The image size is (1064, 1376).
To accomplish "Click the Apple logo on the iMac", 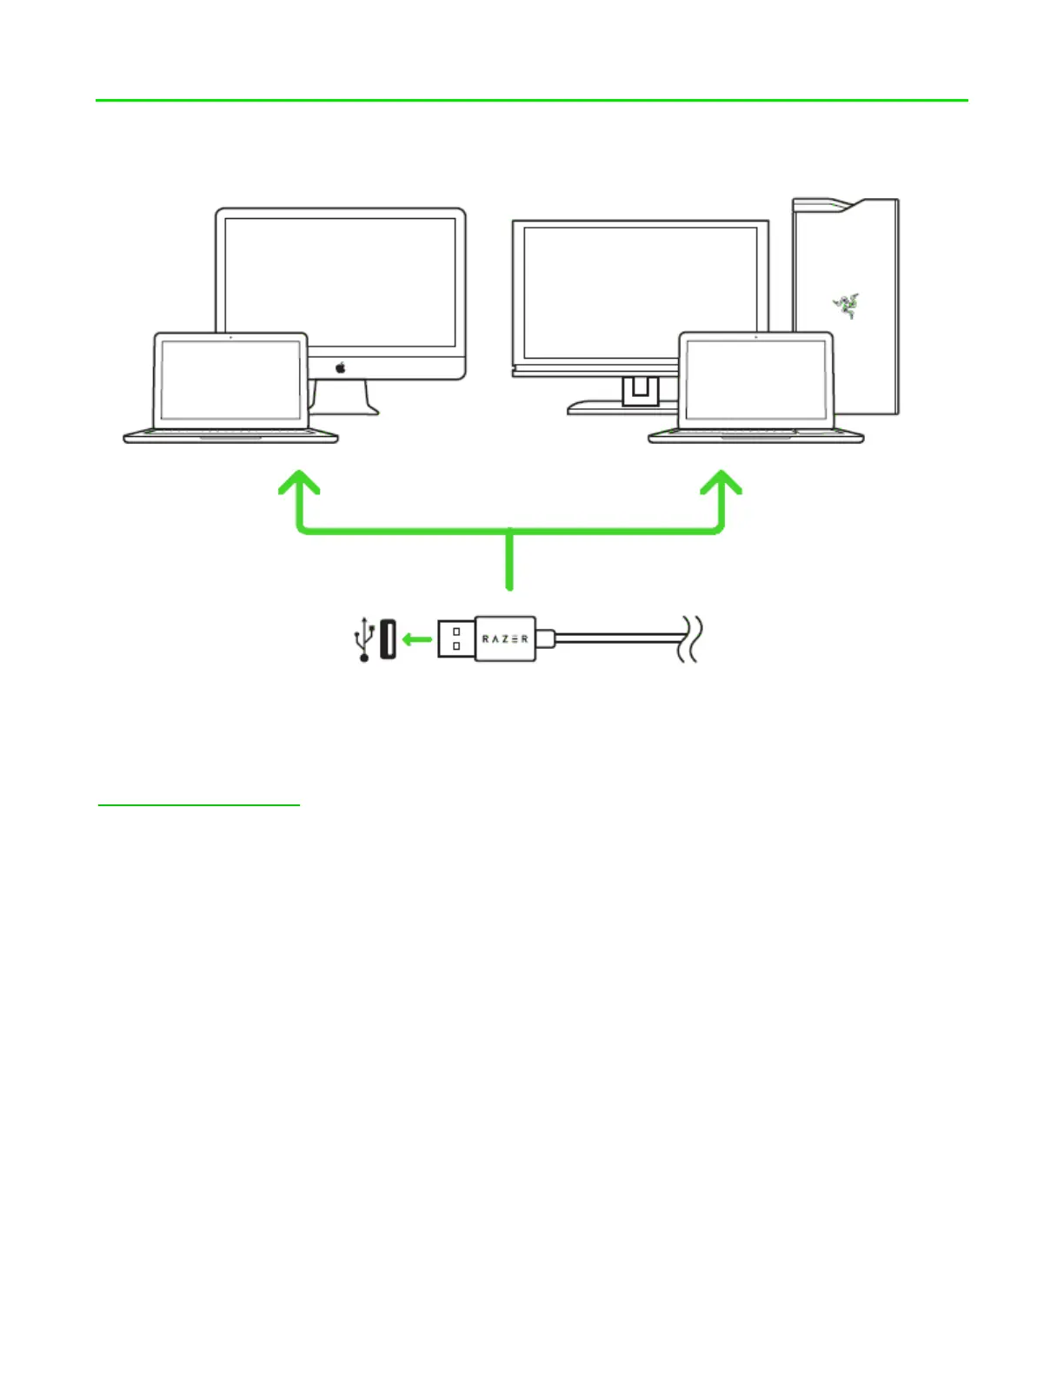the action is pos(341,367).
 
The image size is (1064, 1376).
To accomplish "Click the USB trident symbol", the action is pos(364,639).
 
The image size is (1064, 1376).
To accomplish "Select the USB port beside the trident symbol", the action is pos(388,639).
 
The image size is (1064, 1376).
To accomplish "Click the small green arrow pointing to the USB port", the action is pos(417,639).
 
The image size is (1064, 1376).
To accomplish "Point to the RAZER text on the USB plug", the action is pos(505,639).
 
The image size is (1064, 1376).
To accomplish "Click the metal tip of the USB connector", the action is pos(456,639).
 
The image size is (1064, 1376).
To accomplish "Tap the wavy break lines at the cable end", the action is pos(690,639).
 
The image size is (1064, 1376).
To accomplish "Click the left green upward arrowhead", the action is pos(299,483).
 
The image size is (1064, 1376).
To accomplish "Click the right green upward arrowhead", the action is pos(721,483).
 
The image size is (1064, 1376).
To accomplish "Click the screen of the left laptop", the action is pos(230,380).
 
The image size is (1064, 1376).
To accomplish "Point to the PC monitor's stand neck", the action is pos(640,390).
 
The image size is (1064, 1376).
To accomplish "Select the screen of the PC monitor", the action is pos(640,291).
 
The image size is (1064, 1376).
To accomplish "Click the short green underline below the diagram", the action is pos(198,805).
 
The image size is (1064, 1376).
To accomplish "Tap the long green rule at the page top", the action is pos(531,101).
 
